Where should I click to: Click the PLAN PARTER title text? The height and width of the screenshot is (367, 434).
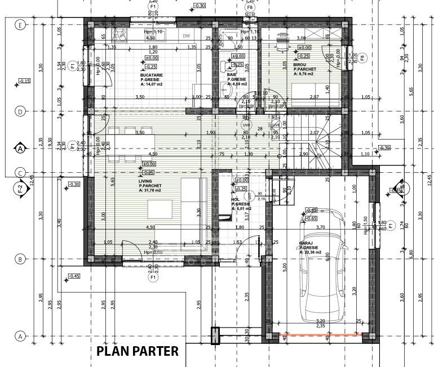pyautogui.click(x=138, y=351)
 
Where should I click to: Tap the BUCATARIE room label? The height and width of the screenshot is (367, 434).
pyautogui.click(x=152, y=75)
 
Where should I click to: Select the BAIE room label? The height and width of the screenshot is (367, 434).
pyautogui.click(x=232, y=74)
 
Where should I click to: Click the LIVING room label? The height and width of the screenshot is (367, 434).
pyautogui.click(x=146, y=180)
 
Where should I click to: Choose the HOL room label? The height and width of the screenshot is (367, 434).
pyautogui.click(x=235, y=199)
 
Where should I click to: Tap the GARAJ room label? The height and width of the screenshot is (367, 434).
pyautogui.click(x=307, y=243)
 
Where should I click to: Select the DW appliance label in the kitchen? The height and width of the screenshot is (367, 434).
pyautogui.click(x=187, y=35)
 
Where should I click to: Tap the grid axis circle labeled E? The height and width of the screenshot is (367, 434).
pyautogui.click(x=20, y=25)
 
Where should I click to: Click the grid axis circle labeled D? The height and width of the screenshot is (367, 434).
pyautogui.click(x=20, y=111)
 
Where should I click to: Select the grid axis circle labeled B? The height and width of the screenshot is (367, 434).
pyautogui.click(x=20, y=259)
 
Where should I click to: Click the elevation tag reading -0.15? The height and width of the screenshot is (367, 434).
pyautogui.click(x=24, y=82)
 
